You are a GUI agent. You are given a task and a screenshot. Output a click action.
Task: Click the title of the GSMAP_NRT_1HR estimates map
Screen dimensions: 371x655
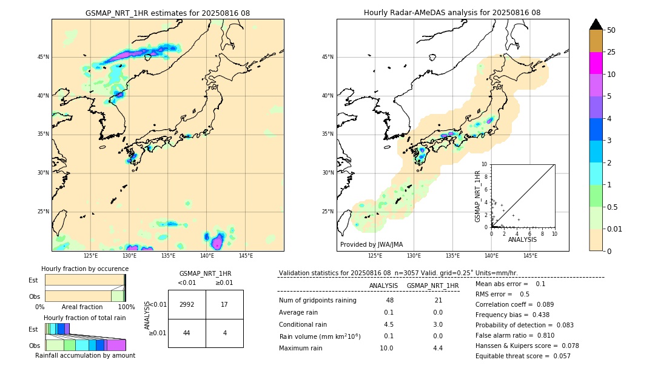coord(167,13)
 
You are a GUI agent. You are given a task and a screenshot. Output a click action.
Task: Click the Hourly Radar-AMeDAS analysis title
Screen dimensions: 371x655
coord(452,13)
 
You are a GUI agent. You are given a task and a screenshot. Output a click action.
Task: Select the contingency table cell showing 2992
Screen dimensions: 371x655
coord(187,304)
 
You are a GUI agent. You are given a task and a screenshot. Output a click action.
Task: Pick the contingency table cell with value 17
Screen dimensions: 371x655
coord(224,304)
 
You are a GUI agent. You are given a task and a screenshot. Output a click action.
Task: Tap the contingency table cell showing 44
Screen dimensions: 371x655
coord(187,333)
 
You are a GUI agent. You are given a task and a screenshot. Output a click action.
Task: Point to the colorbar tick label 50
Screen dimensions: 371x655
coord(611,30)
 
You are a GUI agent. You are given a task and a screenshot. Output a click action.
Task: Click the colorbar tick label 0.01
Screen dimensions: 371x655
coord(614,229)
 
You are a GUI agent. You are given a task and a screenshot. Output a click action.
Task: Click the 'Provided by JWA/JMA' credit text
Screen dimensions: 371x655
coord(371,245)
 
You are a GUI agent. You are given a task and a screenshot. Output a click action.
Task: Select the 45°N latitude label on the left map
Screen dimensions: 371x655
coord(43,57)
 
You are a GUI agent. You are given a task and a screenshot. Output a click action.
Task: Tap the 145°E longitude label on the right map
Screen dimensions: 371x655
coord(530,256)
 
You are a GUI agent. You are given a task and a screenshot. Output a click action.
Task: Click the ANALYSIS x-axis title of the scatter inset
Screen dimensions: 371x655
coord(522,240)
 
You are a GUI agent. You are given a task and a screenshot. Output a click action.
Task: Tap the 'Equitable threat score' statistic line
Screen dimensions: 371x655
coord(523,356)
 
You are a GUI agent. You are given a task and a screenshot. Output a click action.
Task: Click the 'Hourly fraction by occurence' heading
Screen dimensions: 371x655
coord(85,269)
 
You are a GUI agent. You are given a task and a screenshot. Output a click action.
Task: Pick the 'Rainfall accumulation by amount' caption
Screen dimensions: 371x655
coord(85,355)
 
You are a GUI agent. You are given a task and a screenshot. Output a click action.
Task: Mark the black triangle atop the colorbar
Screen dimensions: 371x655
coord(596,24)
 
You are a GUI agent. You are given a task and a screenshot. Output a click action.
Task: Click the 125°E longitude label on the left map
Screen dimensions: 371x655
coord(90,256)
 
